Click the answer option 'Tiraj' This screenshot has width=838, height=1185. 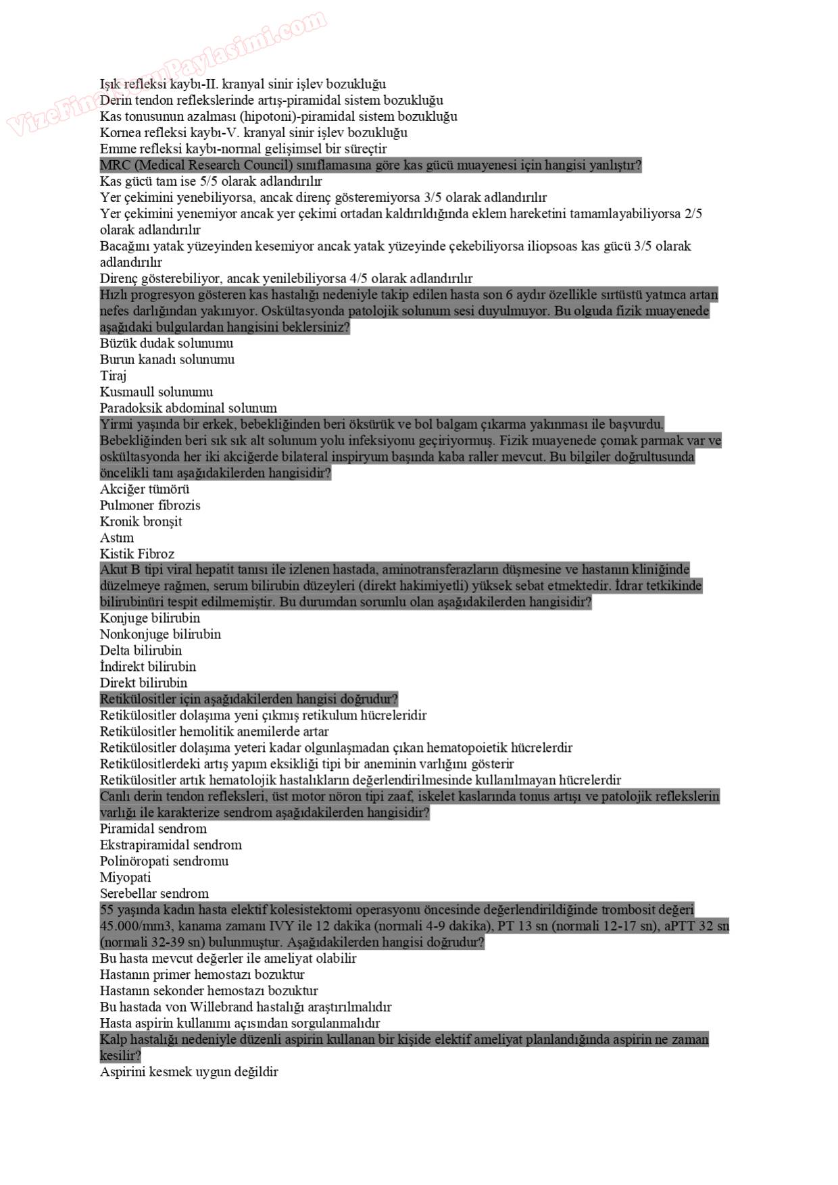(x=114, y=376)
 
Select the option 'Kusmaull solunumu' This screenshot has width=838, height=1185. (x=156, y=392)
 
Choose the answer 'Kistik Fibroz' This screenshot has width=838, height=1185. (x=137, y=554)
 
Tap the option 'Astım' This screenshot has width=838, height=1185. (x=117, y=538)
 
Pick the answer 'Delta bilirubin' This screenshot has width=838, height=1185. (x=141, y=651)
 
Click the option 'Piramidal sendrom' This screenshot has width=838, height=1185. (x=153, y=829)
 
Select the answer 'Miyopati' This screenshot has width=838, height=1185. (x=126, y=878)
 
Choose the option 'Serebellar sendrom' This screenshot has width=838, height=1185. (x=154, y=894)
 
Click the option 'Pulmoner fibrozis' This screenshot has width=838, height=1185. (x=150, y=505)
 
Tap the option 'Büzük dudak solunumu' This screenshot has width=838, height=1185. (x=166, y=343)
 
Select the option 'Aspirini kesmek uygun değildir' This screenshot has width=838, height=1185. (x=189, y=1072)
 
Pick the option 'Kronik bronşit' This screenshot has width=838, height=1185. (x=141, y=522)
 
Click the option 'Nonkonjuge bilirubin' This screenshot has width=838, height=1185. (x=160, y=634)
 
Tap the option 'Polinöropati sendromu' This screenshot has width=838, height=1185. (x=164, y=861)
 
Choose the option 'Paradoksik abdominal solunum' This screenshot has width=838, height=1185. (x=189, y=408)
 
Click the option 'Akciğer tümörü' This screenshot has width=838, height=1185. (x=145, y=489)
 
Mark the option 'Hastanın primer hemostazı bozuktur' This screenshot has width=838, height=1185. (x=202, y=975)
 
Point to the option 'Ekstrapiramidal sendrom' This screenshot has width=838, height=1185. (x=170, y=845)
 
